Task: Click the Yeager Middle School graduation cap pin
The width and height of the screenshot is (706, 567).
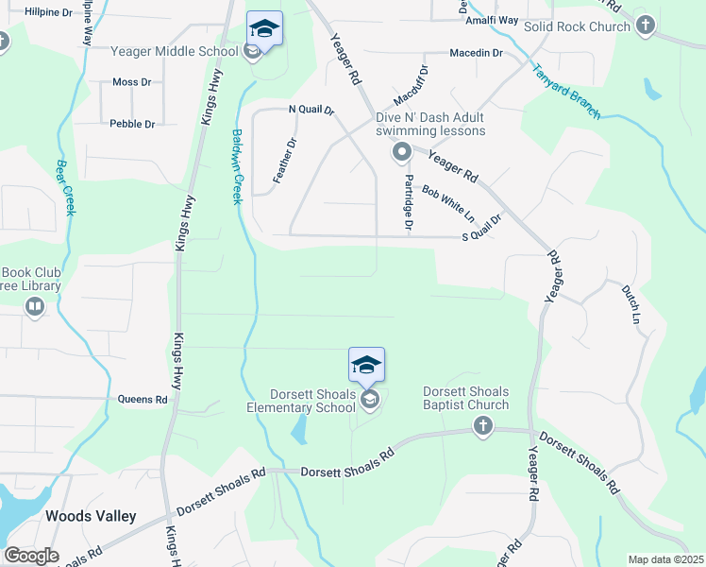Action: (264, 29)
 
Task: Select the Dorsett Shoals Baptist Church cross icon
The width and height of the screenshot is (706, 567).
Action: (483, 426)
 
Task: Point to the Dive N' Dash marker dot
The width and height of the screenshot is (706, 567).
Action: (401, 151)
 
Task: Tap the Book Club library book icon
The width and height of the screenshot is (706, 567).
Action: (35, 306)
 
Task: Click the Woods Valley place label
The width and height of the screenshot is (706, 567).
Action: (91, 517)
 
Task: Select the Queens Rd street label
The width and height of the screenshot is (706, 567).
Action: (143, 400)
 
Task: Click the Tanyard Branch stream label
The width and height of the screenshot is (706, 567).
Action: (565, 91)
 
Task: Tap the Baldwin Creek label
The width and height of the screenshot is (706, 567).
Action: (238, 166)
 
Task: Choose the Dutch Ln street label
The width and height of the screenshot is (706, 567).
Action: (630, 304)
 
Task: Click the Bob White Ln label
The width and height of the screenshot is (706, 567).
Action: (447, 204)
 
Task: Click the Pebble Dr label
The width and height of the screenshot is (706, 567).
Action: (132, 124)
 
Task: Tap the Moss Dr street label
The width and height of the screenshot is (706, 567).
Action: (131, 82)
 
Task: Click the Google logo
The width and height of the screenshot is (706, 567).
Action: (31, 556)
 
